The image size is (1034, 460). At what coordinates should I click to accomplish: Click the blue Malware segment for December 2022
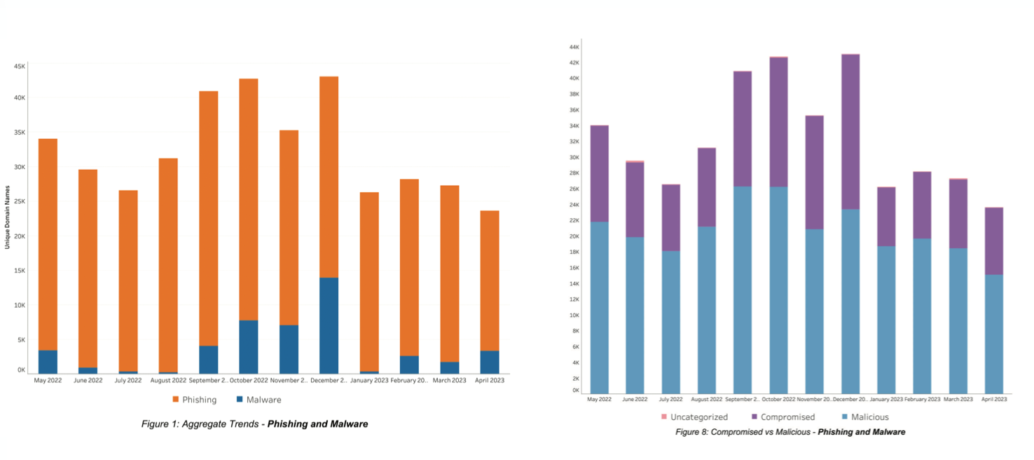(x=329, y=325)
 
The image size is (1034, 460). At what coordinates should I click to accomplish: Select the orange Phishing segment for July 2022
(x=128, y=280)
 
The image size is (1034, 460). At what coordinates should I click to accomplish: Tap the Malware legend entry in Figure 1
(x=258, y=400)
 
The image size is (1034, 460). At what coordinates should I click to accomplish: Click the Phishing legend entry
(x=195, y=400)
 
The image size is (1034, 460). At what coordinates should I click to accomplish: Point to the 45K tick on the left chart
(x=20, y=66)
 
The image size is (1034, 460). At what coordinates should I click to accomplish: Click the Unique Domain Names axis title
(x=7, y=217)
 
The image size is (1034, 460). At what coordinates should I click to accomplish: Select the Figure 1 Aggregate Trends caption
(x=254, y=424)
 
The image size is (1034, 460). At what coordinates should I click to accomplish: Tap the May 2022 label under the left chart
(x=48, y=380)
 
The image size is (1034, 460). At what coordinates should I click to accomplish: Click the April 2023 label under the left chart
(x=489, y=380)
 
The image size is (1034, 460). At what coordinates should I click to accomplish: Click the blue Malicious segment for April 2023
(x=993, y=334)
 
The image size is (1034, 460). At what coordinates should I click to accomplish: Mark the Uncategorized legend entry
(x=694, y=417)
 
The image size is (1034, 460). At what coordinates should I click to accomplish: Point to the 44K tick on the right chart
(x=574, y=47)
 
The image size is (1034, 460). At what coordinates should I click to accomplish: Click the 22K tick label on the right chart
(x=574, y=221)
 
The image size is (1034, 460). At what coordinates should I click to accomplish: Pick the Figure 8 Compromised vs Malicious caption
(x=790, y=432)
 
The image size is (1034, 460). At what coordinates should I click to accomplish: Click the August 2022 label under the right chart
(x=707, y=399)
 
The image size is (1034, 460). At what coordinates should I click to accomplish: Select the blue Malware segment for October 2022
(x=248, y=347)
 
